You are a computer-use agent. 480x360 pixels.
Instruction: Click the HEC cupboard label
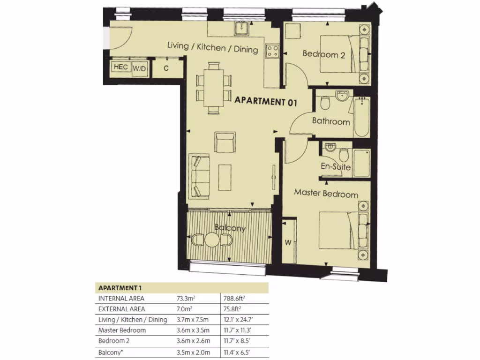pyautogui.click(x=121, y=67)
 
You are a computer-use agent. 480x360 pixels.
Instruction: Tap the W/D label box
pyautogui.click(x=139, y=68)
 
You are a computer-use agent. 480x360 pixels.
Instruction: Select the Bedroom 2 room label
pyautogui.click(x=323, y=54)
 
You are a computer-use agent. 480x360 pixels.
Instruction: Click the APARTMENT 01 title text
pyautogui.click(x=265, y=100)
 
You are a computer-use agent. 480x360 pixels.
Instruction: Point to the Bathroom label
pyautogui.click(x=331, y=121)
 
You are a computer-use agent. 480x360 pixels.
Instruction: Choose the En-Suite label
pyautogui.click(x=336, y=166)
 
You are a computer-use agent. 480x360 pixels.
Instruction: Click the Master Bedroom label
pyautogui.click(x=326, y=194)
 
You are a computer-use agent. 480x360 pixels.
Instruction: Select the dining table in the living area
pyautogui.click(x=213, y=88)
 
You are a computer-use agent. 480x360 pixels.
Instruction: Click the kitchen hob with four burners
pyautogui.click(x=272, y=51)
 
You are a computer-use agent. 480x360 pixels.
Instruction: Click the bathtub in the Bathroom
pyautogui.click(x=361, y=117)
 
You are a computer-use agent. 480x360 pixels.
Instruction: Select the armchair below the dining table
pyautogui.click(x=223, y=141)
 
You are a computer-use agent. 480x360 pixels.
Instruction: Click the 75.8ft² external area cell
pyautogui.click(x=233, y=309)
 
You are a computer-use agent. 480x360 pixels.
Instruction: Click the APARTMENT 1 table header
pyautogui.click(x=119, y=287)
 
